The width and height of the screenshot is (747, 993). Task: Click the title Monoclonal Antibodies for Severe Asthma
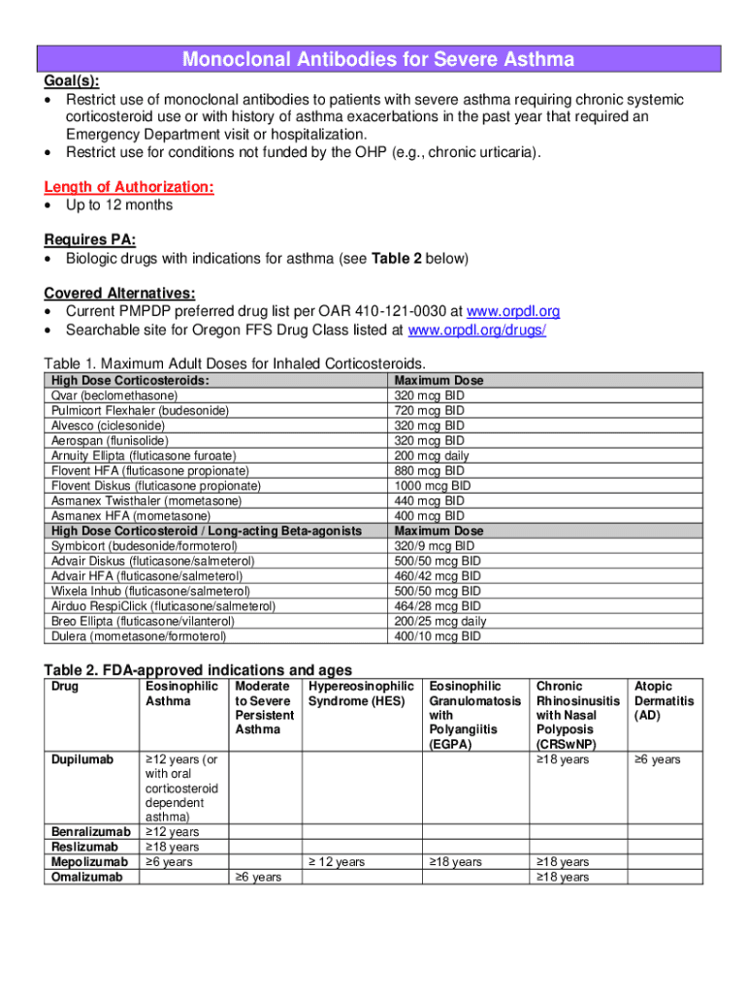coord(378,60)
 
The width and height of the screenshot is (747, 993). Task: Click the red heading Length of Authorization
coord(129,187)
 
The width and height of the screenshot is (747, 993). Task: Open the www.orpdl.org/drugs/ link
coord(477,330)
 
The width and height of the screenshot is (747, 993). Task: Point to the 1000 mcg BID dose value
coord(432,486)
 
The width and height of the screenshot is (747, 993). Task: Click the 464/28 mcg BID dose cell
coord(437,606)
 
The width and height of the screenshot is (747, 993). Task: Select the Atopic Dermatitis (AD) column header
coord(664,701)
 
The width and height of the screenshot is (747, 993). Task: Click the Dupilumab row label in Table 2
coord(80,760)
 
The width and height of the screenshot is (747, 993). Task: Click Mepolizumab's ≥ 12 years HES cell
coord(337,862)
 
